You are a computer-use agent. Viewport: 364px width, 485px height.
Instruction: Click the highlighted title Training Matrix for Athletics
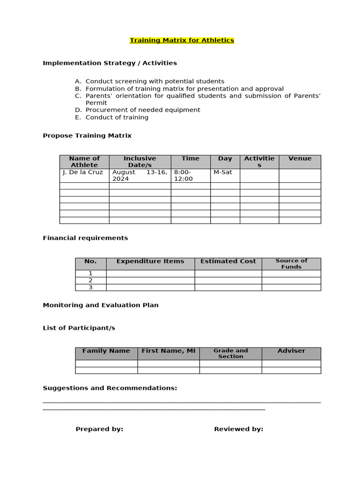point(182,40)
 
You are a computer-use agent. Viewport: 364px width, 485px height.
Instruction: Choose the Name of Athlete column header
point(84,162)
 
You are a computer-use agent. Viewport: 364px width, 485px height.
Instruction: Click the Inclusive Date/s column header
point(140,162)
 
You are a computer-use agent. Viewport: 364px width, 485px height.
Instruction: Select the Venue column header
point(300,159)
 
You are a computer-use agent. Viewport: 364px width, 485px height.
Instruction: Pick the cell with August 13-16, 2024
point(140,175)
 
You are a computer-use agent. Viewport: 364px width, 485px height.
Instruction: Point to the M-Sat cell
point(223,172)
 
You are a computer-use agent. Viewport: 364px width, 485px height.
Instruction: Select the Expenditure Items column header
point(150,261)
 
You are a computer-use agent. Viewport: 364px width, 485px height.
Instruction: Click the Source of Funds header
point(291,264)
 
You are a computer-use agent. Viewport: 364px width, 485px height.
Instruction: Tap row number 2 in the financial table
point(91,280)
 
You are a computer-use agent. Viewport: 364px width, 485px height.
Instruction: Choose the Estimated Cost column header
point(228,261)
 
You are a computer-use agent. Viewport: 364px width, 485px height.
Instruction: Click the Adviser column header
point(291,351)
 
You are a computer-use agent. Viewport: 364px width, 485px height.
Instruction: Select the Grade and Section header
point(230,353)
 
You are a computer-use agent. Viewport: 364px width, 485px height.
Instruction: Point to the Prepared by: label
point(100,429)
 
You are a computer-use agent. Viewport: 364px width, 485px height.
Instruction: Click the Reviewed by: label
point(238,429)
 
